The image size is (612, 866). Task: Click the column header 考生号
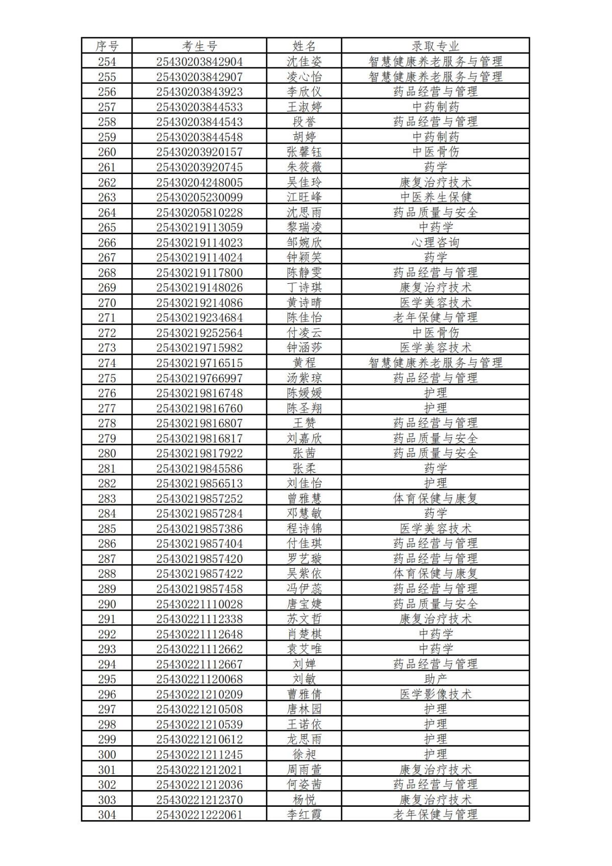tap(199, 46)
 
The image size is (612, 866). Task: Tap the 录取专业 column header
tap(436, 46)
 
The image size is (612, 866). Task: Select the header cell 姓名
tap(304, 46)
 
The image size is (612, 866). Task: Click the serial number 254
tap(107, 62)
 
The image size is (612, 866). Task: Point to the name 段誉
tap(304, 122)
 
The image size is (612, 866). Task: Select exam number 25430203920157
tap(199, 152)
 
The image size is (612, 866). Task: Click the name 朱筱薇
tap(304, 167)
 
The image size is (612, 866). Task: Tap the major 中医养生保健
tap(436, 197)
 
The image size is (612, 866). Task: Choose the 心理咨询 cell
tap(436, 242)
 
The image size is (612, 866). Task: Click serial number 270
tap(107, 303)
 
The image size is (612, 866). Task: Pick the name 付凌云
tap(304, 333)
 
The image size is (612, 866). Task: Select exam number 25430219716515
tap(199, 363)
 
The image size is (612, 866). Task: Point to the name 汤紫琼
tap(304, 378)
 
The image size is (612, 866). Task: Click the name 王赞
tap(304, 423)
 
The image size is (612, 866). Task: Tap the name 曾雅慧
tap(304, 499)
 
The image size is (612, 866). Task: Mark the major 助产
tap(436, 679)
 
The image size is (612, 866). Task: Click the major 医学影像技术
tap(436, 694)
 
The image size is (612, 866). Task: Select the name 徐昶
tap(304, 754)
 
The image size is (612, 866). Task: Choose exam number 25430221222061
tap(199, 815)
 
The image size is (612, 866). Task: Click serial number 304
tap(107, 815)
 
